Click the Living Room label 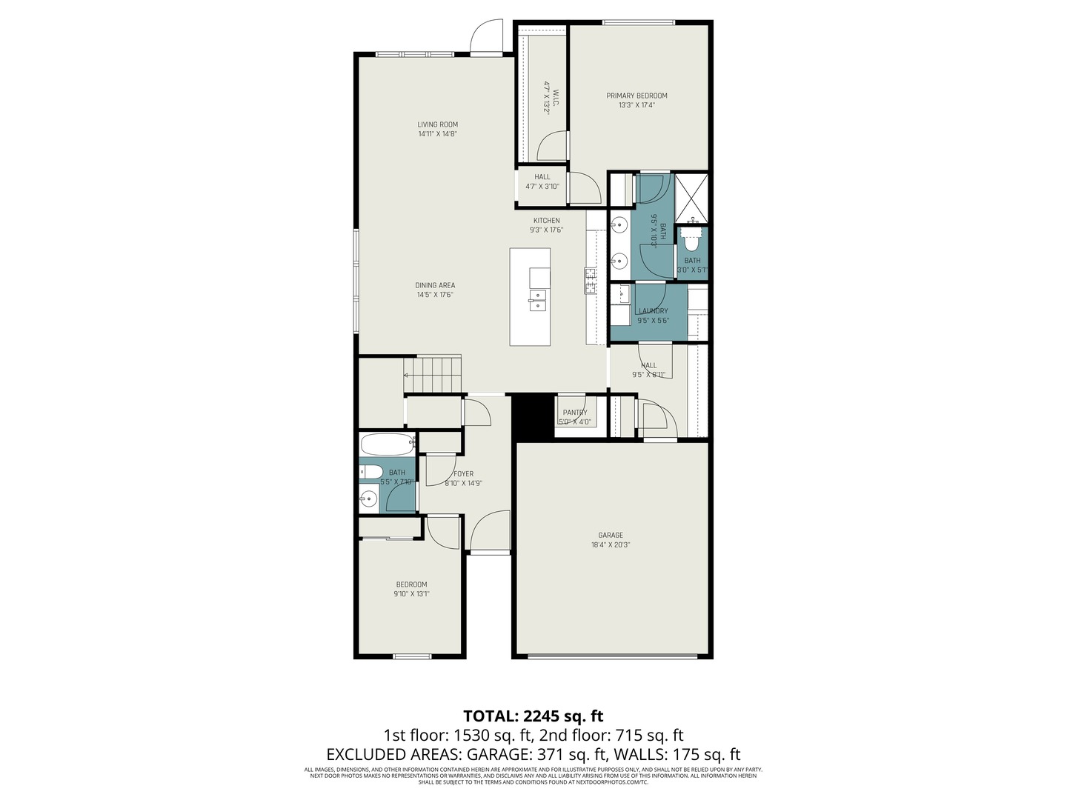coord(437,124)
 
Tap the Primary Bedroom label coord(636,96)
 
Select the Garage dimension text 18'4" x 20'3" coord(611,544)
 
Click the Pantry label coord(574,413)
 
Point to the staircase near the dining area coord(433,374)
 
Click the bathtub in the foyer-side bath coord(387,445)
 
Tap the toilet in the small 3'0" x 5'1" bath coord(691,240)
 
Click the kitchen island coord(530,297)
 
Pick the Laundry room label coord(653,311)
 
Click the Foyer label coord(463,474)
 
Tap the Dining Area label coord(435,285)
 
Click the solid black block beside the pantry coord(534,416)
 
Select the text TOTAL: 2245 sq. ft coord(533,716)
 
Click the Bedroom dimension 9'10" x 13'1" coord(411,593)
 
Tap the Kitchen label coord(547,221)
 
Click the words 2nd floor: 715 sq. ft coord(611,736)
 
